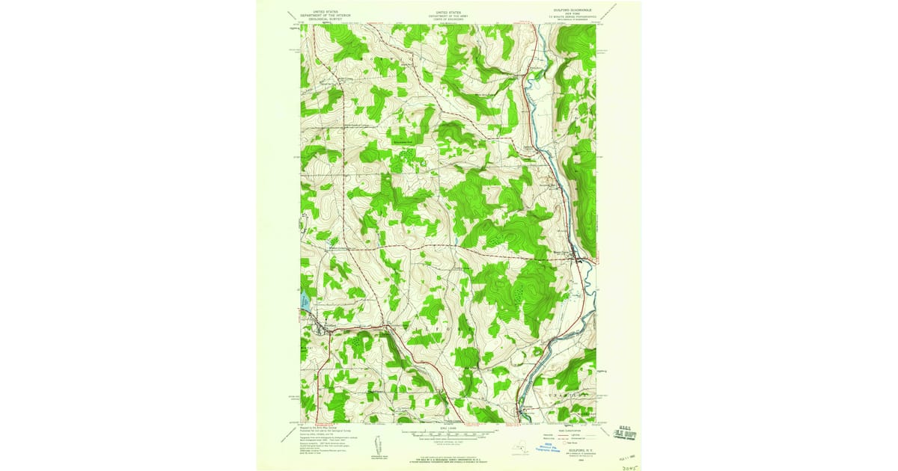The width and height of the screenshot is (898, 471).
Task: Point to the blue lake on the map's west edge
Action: pyautogui.click(x=305, y=302)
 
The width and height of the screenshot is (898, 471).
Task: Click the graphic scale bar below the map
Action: pyautogui.click(x=449, y=432)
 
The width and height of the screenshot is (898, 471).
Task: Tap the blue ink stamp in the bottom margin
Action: pyautogui.click(x=553, y=446)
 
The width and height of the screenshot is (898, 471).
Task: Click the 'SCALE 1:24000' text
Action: pyautogui.click(x=449, y=427)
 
